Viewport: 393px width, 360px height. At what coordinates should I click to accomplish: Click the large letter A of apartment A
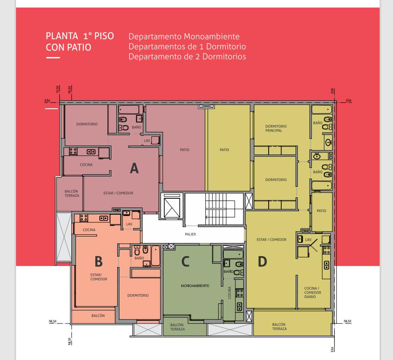135,168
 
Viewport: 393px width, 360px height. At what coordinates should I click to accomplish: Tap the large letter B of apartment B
98,261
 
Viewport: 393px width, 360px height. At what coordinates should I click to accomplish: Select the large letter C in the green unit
185,261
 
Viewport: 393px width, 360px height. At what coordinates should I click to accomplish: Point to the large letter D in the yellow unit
262,261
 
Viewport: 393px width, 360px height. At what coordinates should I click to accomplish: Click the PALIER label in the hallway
191,234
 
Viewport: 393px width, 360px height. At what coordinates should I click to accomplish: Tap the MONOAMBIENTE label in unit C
195,286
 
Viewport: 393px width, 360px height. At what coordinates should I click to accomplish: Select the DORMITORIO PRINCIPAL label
276,128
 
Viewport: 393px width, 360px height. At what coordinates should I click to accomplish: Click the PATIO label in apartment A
184,150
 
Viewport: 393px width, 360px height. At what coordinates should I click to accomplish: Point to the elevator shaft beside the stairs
172,206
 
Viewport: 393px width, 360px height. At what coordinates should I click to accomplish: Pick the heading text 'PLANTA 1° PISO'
80,36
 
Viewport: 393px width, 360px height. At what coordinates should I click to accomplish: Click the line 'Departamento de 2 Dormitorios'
187,57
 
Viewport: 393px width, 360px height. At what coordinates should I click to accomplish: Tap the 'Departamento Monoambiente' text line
184,37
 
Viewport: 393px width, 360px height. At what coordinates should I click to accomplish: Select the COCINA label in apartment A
86,165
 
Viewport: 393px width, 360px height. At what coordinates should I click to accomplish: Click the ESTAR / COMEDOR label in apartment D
271,240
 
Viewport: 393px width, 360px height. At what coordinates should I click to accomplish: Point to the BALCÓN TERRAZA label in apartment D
279,327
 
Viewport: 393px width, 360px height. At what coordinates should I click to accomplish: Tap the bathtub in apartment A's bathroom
129,110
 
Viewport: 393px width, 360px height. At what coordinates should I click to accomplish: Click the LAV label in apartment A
147,141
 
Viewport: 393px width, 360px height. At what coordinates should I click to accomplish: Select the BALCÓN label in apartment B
98,315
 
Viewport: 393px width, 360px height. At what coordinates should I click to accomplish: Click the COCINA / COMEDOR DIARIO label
312,293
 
